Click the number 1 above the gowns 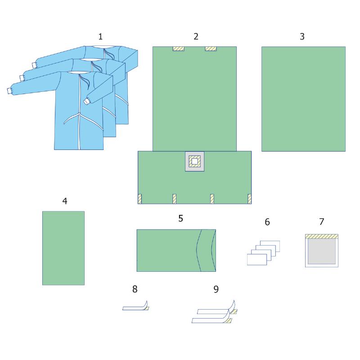[100, 36]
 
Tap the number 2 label [196, 36]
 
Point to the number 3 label [302, 36]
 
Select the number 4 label [65, 201]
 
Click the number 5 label [181, 218]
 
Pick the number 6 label [267, 222]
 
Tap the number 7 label [322, 222]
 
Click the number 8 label [135, 289]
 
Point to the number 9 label [216, 289]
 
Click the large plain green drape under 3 [303, 99]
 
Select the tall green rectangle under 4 [63, 248]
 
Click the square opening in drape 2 [195, 162]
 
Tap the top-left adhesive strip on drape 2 [178, 49]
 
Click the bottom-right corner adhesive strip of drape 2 [250, 199]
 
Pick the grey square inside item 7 [322, 252]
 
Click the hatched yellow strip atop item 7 [322, 237]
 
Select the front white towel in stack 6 [257, 260]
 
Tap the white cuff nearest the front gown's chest [86, 101]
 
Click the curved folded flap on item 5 [207, 250]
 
